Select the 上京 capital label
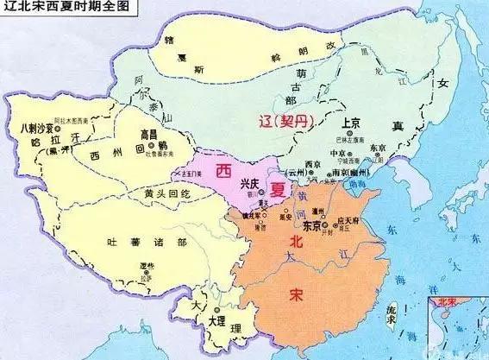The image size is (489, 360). click(x=350, y=123)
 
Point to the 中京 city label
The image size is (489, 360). click(x=339, y=153)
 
